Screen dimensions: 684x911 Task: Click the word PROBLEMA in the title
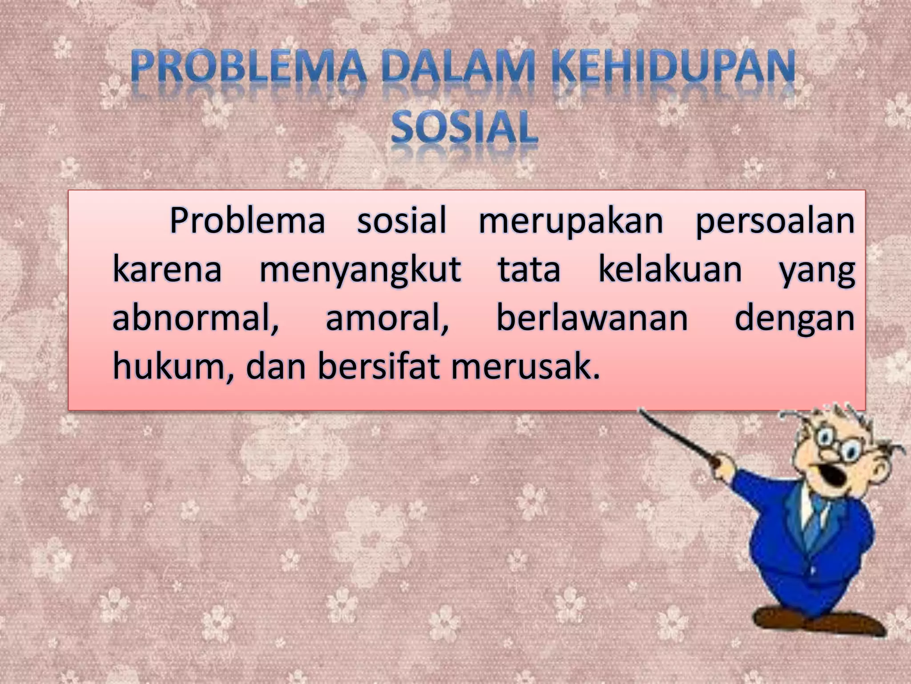click(x=248, y=68)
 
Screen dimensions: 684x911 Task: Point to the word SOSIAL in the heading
click(x=464, y=127)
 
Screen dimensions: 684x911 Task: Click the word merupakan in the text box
click(x=571, y=221)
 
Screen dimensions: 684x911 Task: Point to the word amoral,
click(x=387, y=319)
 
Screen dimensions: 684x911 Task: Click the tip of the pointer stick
click(x=641, y=411)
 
